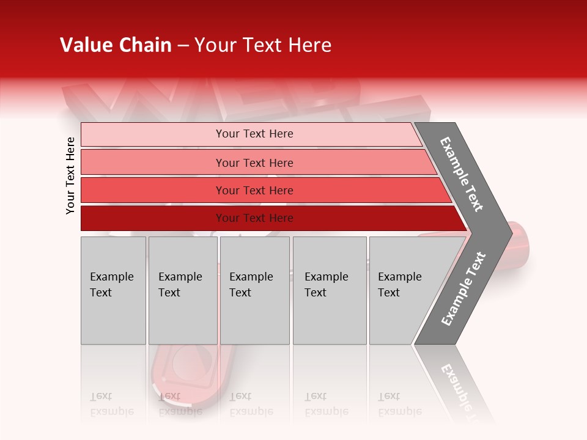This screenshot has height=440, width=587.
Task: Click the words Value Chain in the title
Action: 116,45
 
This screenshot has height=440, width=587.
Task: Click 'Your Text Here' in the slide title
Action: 263,45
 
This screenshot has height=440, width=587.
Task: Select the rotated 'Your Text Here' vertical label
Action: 70,175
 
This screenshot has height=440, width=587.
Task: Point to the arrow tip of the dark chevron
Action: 508,233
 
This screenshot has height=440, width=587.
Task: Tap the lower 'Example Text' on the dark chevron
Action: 463,288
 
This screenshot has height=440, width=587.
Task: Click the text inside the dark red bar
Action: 254,218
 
